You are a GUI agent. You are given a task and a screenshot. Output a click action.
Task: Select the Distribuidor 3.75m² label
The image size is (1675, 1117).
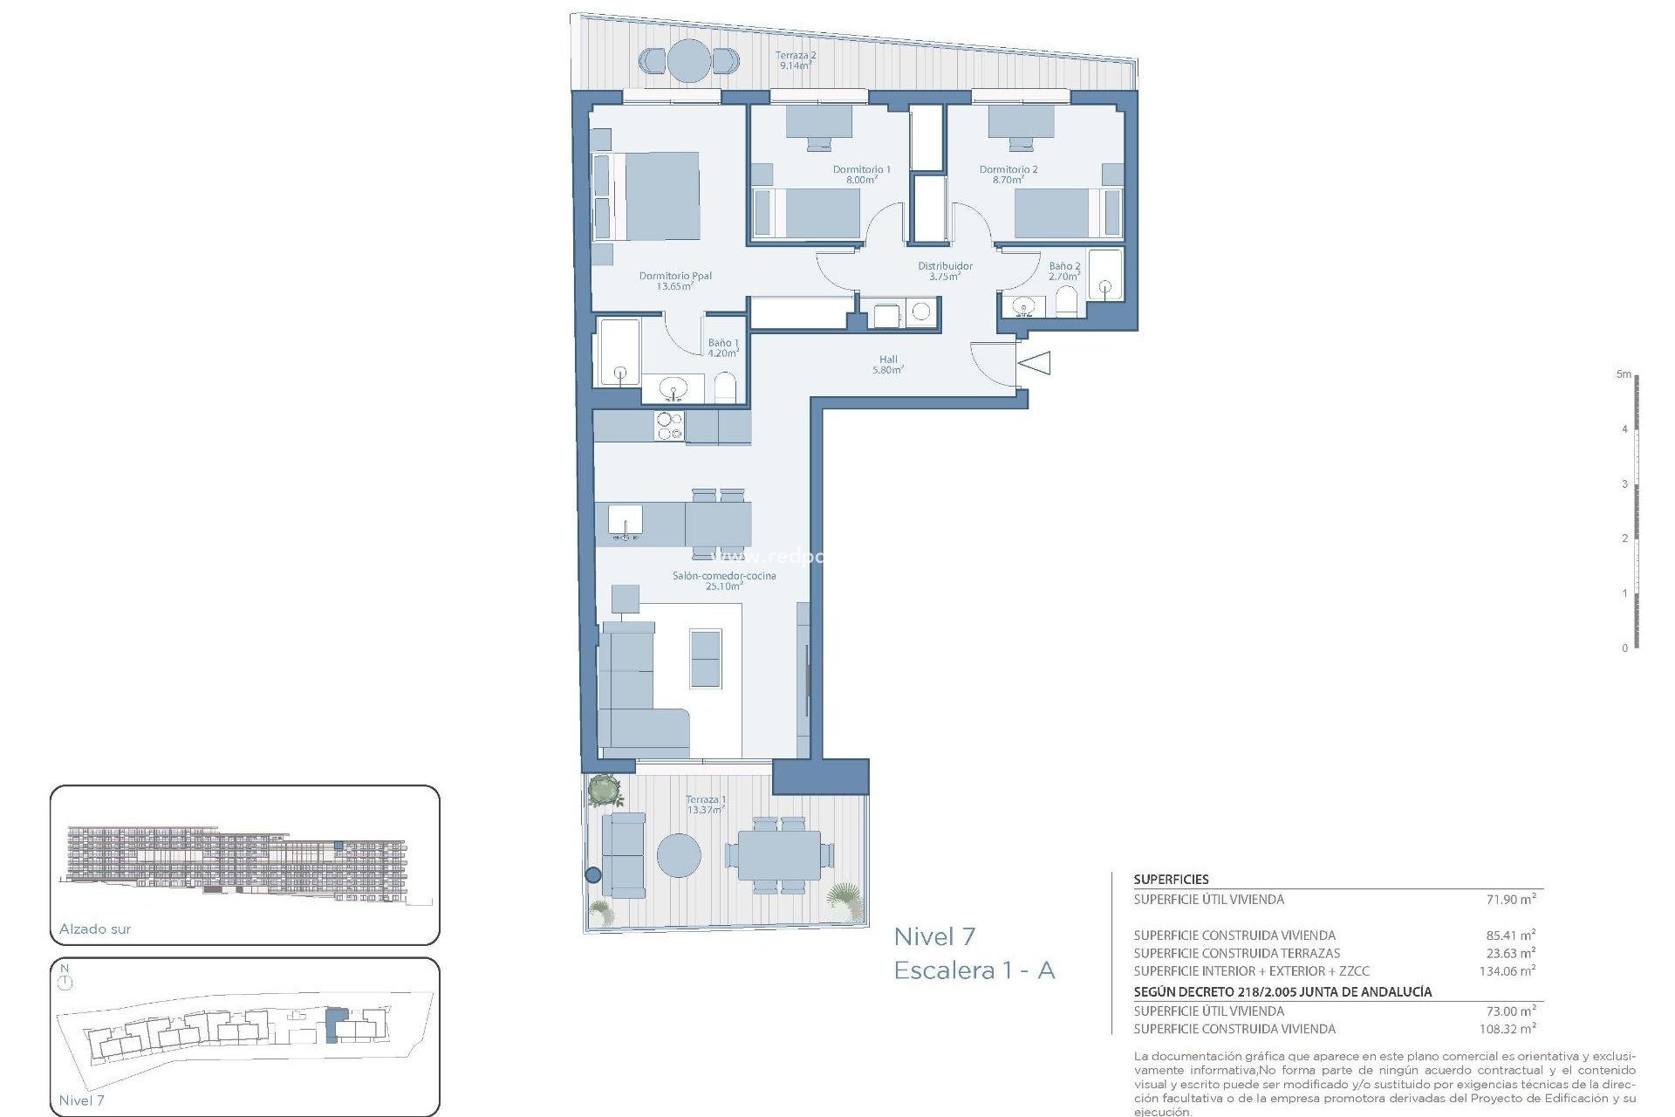tap(945, 271)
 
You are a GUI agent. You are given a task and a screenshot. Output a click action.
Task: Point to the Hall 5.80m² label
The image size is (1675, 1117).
tap(888, 364)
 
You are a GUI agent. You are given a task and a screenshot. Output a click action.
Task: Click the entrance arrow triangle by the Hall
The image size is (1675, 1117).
tap(1036, 362)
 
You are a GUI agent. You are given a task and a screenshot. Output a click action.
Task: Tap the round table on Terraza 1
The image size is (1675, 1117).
tap(679, 855)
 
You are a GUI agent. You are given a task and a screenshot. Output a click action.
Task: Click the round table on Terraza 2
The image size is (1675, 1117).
tap(688, 61)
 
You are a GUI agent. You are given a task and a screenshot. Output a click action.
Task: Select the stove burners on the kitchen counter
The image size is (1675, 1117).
tap(669, 427)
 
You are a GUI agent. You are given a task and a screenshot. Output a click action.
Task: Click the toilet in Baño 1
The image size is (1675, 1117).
tap(725, 387)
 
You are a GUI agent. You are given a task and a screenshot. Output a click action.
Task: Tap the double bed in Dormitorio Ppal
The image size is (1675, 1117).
tap(654, 196)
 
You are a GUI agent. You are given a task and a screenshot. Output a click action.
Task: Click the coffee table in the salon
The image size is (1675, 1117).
tap(706, 658)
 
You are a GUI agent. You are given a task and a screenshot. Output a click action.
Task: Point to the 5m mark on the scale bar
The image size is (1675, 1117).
tap(1624, 374)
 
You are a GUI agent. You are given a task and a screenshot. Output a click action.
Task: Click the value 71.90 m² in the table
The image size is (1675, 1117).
tap(1511, 899)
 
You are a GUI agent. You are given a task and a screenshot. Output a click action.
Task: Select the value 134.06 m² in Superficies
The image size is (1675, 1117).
tap(1507, 970)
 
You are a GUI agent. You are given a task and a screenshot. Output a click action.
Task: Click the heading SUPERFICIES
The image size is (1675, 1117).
tap(1171, 880)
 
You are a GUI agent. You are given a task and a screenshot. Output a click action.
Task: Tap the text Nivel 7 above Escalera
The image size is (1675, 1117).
tap(934, 937)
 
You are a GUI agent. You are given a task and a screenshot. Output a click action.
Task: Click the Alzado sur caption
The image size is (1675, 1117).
tap(95, 929)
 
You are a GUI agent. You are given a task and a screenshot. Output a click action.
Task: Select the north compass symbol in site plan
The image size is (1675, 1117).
tap(65, 982)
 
